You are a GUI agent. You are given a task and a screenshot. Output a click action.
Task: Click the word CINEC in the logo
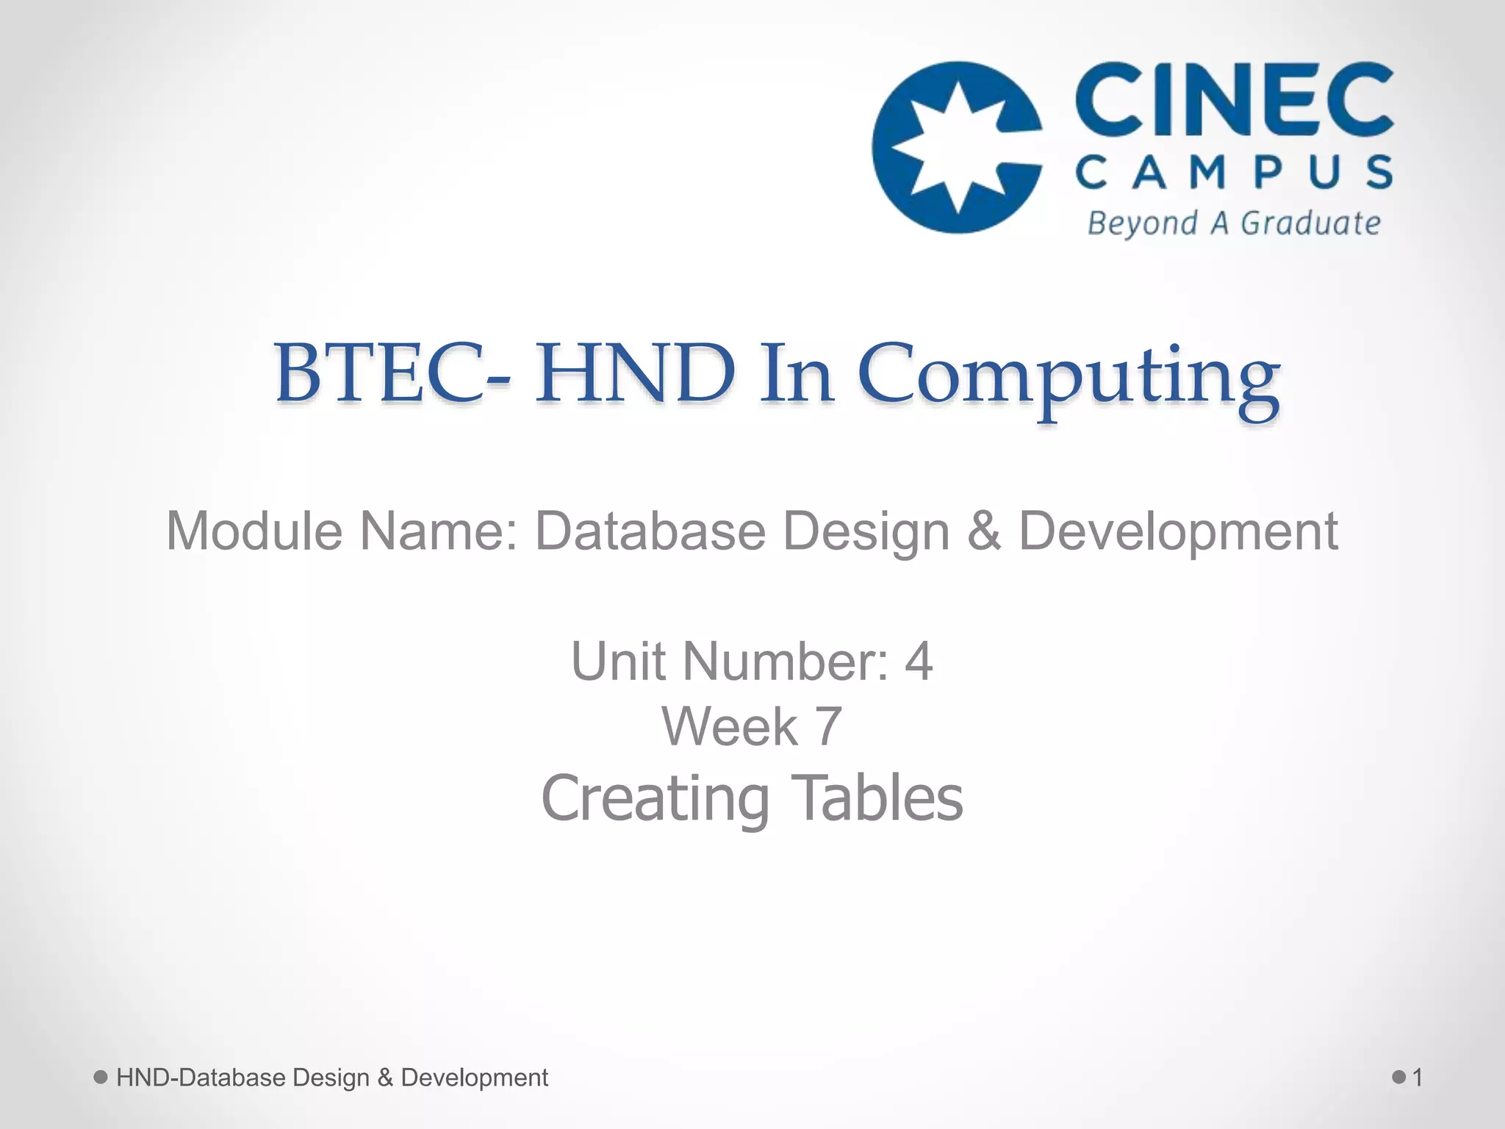[1234, 99]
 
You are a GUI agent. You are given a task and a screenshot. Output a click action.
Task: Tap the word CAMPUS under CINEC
[1234, 172]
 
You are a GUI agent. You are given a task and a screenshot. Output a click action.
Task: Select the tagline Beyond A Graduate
[1234, 223]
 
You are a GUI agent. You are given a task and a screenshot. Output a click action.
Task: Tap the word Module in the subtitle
[254, 531]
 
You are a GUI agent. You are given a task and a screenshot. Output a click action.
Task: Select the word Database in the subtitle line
[650, 531]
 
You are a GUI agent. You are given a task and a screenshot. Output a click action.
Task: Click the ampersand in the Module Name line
[984, 531]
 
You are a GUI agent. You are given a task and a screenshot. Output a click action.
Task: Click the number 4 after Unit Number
[919, 662]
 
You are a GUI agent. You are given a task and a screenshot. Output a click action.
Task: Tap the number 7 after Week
[828, 727]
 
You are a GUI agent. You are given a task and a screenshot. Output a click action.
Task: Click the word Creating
[655, 800]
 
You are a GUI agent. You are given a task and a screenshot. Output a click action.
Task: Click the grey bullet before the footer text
[101, 1078]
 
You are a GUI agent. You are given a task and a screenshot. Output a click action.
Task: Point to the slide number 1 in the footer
[1418, 1078]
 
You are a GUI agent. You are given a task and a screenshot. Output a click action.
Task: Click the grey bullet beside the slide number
[1399, 1078]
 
